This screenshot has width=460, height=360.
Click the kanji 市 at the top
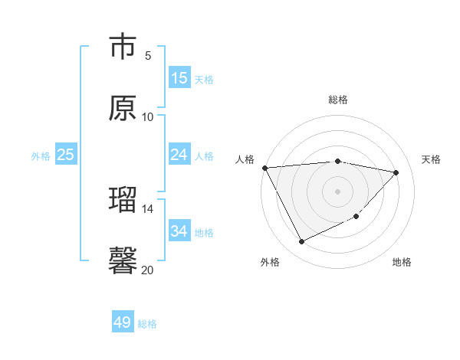123,47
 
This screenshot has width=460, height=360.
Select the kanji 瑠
123,200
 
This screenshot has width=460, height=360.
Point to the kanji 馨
123,260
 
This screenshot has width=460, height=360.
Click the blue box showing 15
179,78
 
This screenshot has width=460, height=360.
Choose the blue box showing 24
179,155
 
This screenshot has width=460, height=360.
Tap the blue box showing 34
179,231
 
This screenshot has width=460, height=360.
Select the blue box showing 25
66,155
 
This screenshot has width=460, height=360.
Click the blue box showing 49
123,322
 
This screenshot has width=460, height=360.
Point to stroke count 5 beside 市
148,55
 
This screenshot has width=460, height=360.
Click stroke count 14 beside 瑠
148,208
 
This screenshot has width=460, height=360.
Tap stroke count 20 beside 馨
148,270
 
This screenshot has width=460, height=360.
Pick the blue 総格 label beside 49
147,324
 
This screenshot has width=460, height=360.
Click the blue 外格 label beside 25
41,156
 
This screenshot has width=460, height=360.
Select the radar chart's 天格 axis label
432,159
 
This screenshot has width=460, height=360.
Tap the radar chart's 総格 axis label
337,100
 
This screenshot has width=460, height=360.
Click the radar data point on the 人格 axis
264,168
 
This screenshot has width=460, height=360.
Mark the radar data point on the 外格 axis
301,242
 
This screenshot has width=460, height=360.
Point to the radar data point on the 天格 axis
396,172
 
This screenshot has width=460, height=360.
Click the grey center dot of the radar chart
337,191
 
